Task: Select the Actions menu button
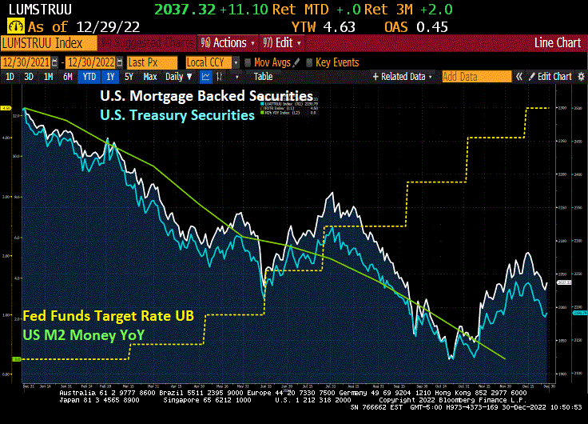tap(228, 42)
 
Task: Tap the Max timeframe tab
tap(149, 77)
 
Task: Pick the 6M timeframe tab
tap(68, 77)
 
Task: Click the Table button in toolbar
tap(264, 77)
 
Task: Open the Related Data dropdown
tap(404, 77)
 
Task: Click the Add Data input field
tap(476, 77)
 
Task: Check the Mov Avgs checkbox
tap(248, 62)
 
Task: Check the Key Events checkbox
tap(309, 62)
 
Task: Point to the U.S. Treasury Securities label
tap(177, 114)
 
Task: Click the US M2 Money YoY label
tap(82, 335)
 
